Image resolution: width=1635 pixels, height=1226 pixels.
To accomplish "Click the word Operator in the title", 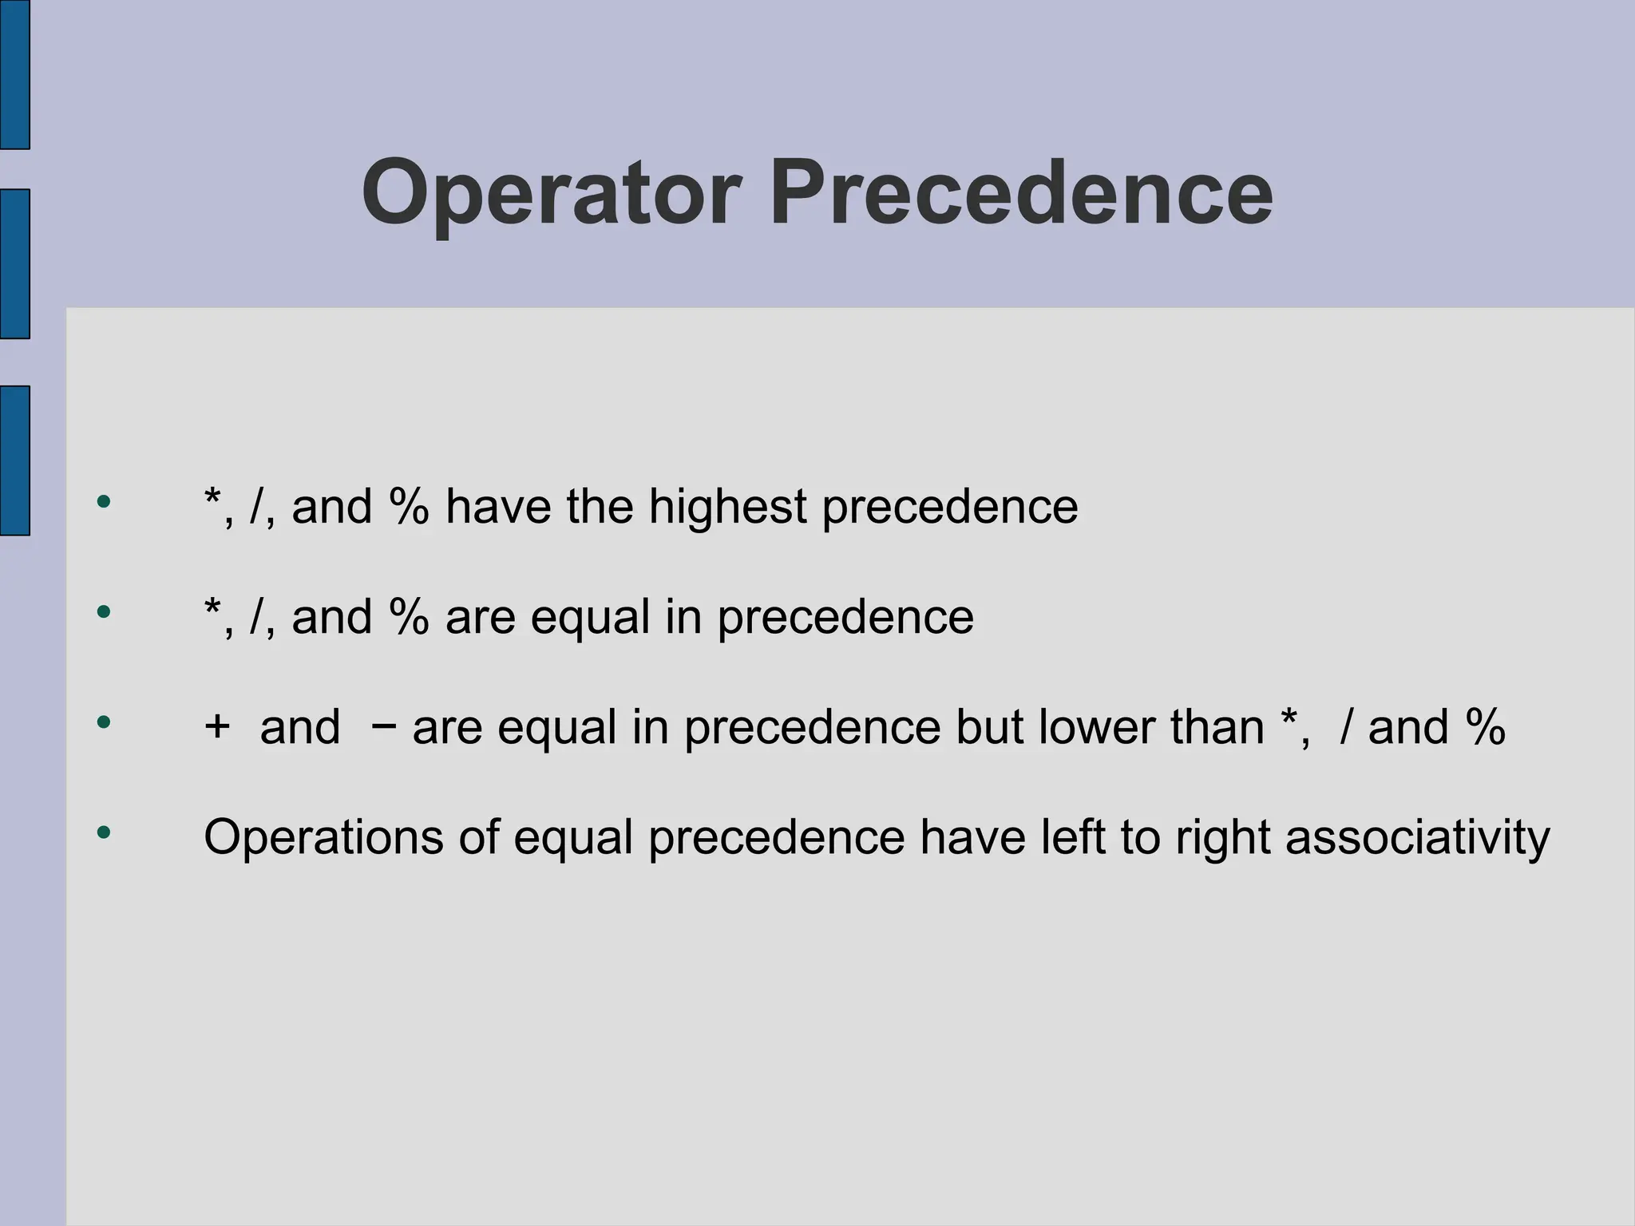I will point(551,194).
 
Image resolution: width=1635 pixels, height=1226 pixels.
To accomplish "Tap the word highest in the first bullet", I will point(727,507).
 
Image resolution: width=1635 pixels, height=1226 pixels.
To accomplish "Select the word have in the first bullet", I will point(498,507).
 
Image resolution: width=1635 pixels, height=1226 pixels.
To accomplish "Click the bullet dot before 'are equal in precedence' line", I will point(103,613).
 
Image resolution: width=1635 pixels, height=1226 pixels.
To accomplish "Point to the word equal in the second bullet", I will point(590,619).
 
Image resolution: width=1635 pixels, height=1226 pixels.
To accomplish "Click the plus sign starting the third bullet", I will point(217,727).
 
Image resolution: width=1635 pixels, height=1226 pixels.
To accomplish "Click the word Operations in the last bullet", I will point(323,838).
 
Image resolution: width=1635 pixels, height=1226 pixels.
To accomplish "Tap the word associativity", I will point(1417,838).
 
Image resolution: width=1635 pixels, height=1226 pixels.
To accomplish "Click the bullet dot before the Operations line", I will point(103,833).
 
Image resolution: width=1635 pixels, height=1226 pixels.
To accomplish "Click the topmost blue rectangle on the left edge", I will point(14,74).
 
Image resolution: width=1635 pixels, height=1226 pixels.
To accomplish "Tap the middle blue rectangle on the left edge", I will point(14,264).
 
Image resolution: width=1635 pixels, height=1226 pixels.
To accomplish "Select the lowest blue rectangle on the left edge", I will point(14,461).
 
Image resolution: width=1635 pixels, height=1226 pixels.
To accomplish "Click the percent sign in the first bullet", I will point(409,507).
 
